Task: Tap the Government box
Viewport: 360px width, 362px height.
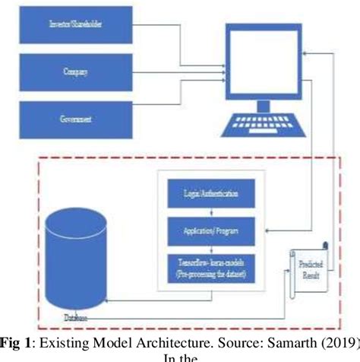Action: point(77,119)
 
